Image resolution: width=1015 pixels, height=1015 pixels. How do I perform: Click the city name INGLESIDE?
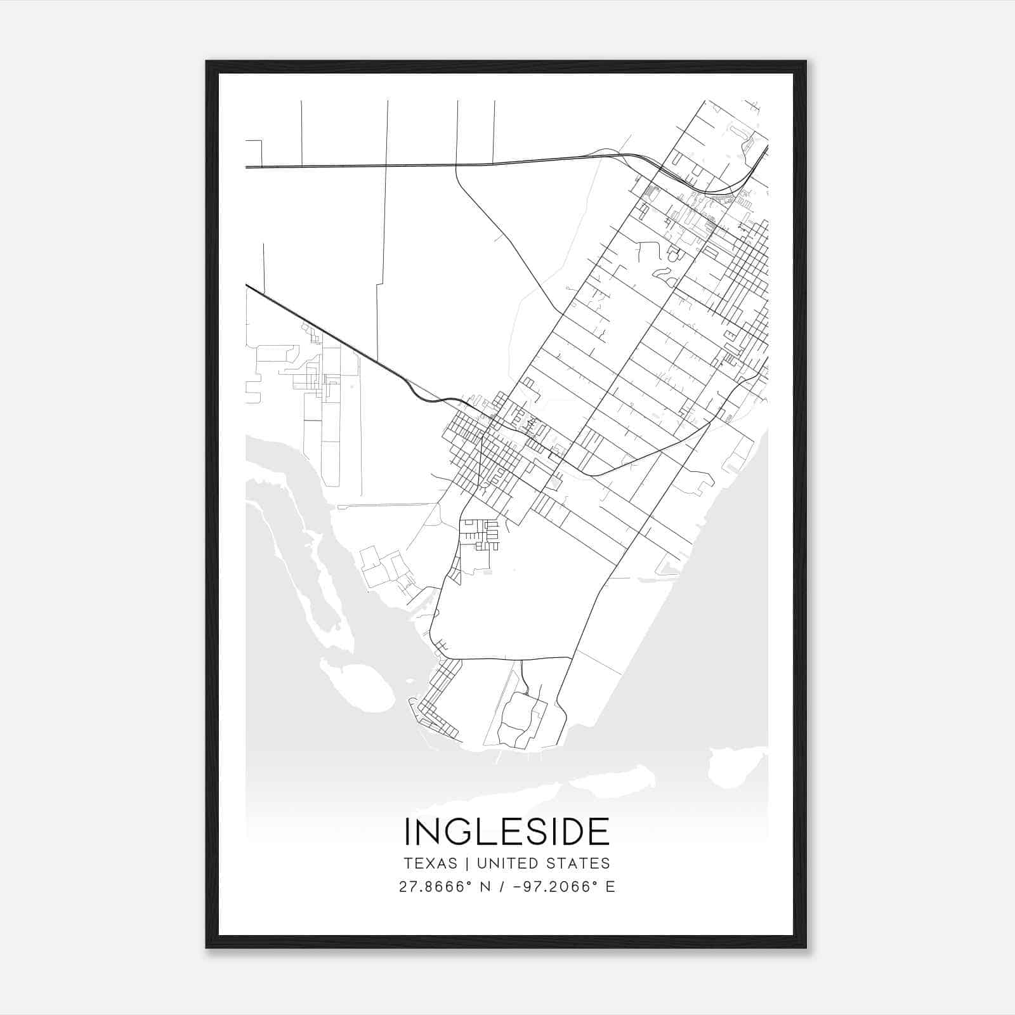point(507,832)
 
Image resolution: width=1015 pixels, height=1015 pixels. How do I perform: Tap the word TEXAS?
point(430,863)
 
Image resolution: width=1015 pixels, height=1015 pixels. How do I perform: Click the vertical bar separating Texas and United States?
point(467,863)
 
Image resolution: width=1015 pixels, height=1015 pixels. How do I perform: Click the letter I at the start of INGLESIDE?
point(407,832)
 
